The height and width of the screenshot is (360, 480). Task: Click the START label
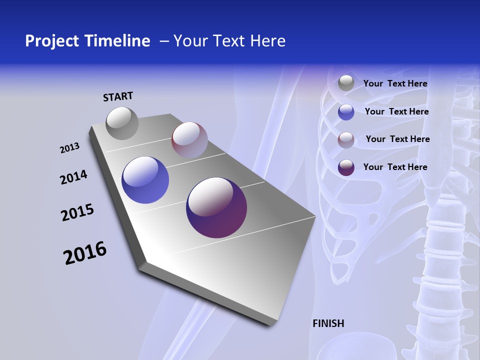[x=118, y=96]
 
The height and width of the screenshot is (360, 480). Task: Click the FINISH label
[x=328, y=323]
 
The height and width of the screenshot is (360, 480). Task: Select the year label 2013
[x=69, y=148]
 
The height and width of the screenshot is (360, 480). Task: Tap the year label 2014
[x=73, y=177]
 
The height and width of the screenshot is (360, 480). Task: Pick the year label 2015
[x=77, y=212]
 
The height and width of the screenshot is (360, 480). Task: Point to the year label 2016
[x=85, y=253]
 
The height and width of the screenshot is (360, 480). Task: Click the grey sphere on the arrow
[x=122, y=123]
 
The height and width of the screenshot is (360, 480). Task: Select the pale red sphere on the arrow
[x=189, y=140]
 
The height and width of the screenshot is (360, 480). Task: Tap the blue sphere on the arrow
[x=145, y=180]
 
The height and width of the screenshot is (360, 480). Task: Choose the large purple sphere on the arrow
[x=216, y=207]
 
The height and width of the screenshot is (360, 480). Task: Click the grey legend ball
[x=346, y=83]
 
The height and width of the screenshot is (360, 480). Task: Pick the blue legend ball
[x=346, y=112]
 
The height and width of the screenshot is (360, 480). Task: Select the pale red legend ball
[x=346, y=140]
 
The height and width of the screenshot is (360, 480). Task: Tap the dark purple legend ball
[x=346, y=167]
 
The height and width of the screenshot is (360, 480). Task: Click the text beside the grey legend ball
[x=395, y=83]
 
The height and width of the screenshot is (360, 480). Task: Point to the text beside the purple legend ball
[x=395, y=167]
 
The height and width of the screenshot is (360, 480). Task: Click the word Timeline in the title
[x=117, y=41]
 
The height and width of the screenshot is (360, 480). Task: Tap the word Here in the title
[x=267, y=41]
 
